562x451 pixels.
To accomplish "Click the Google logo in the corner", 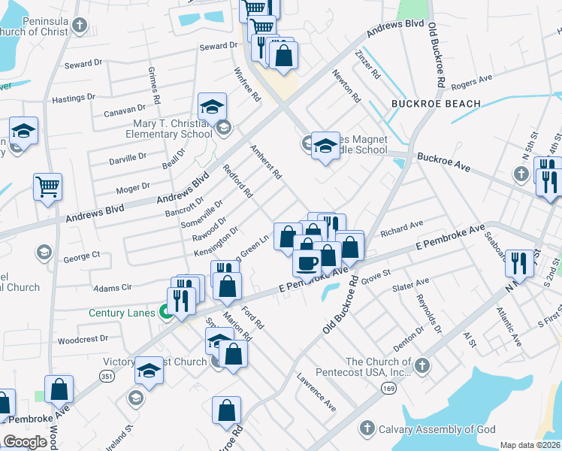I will (26, 442).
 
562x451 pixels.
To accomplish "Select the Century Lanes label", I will (122, 313).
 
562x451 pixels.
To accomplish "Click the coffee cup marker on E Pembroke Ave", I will (307, 263).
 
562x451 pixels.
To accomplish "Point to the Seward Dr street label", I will (218, 47).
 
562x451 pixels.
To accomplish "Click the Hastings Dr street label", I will (73, 98).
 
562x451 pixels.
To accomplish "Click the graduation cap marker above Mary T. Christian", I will (213, 106).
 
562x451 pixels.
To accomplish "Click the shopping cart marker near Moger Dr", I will (47, 186).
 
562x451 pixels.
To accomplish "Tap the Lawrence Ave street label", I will (316, 392).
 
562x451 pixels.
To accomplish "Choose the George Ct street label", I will (81, 256).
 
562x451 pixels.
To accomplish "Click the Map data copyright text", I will (530, 445).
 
